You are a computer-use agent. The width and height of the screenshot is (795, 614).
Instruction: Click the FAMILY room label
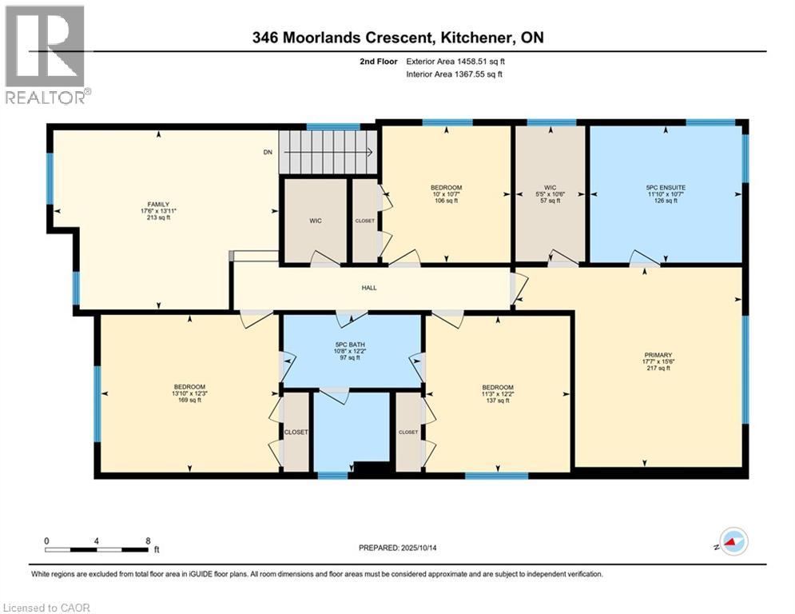(x=158, y=204)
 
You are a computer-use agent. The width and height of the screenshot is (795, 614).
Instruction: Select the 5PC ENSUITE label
(x=666, y=188)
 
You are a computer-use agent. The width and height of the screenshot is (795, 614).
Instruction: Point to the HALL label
(x=368, y=288)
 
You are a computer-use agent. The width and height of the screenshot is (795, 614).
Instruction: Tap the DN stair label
(x=268, y=152)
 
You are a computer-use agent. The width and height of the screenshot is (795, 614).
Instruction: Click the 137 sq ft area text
(x=497, y=401)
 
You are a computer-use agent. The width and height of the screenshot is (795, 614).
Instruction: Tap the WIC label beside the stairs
(x=316, y=220)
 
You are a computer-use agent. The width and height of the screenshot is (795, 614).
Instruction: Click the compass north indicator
(x=732, y=541)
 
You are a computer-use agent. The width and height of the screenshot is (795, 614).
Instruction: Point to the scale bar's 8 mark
(x=148, y=540)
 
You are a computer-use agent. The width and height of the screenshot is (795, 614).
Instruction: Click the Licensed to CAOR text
(x=46, y=608)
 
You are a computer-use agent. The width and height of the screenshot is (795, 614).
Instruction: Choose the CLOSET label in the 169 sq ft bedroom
(x=296, y=432)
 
